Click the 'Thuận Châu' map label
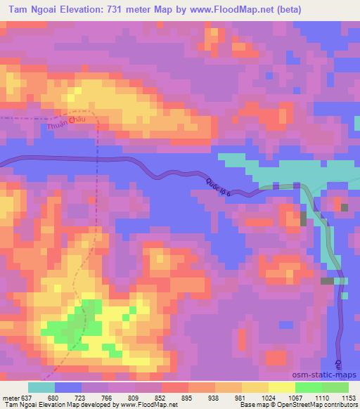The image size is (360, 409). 69,124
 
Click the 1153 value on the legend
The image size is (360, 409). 348,398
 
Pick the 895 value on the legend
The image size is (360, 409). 187,398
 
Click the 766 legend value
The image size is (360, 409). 106,398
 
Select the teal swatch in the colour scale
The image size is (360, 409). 41,387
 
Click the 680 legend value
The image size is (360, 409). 53,398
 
